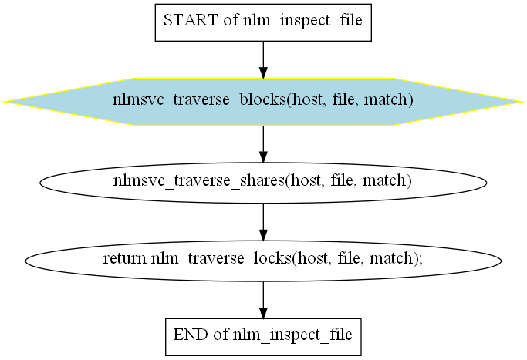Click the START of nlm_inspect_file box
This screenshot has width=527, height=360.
click(263, 22)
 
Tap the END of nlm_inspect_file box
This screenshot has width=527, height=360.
click(263, 337)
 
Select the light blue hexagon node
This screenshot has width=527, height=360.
click(263, 102)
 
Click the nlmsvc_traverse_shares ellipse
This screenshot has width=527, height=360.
click(263, 183)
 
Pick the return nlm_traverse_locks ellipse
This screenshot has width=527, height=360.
click(263, 261)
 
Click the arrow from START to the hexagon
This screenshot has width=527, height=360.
click(263, 60)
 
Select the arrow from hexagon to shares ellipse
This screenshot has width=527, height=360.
click(263, 144)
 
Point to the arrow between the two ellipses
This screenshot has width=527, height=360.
click(263, 222)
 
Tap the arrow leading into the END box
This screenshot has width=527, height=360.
click(263, 300)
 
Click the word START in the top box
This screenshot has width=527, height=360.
click(191, 20)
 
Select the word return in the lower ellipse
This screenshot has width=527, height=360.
click(124, 258)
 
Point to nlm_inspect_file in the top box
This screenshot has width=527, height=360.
click(302, 21)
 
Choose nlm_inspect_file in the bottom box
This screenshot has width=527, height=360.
click(292, 335)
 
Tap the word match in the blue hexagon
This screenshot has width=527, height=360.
click(389, 99)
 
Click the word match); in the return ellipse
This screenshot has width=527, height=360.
click(396, 259)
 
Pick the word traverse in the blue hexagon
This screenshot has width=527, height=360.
click(201, 99)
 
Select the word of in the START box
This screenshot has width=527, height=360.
click(231, 20)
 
